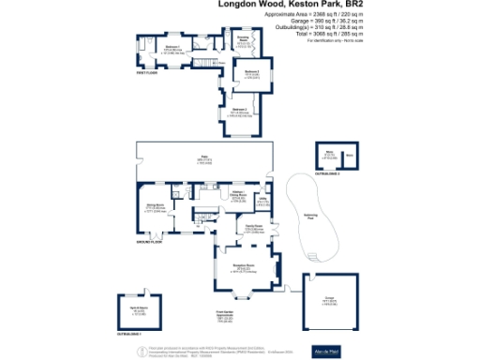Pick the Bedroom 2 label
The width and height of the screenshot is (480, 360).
pos(251,71)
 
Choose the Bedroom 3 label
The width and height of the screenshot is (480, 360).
pos(239,110)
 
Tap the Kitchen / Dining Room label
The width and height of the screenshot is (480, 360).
pos(238,193)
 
